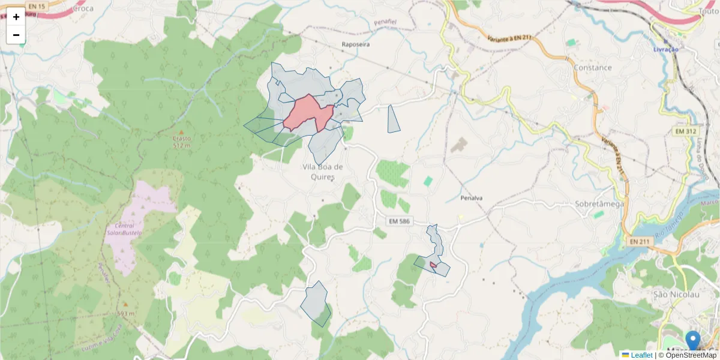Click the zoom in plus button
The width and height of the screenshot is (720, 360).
(16, 17)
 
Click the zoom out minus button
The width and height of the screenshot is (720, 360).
(16, 35)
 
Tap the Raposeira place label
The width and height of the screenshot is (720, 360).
(356, 44)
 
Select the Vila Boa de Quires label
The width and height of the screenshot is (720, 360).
(323, 172)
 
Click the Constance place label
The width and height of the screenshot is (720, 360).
(592, 68)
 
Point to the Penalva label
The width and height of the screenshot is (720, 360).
(472, 198)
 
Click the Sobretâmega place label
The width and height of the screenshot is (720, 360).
(599, 204)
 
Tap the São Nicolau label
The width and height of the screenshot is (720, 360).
(676, 294)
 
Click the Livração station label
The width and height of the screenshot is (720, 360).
(665, 49)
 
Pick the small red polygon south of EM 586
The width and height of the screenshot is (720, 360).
(433, 264)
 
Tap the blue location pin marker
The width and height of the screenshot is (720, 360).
(693, 340)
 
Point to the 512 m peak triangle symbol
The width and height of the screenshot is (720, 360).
(181, 131)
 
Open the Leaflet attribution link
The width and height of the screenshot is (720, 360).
(641, 355)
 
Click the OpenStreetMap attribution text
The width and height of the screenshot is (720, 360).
(690, 355)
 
